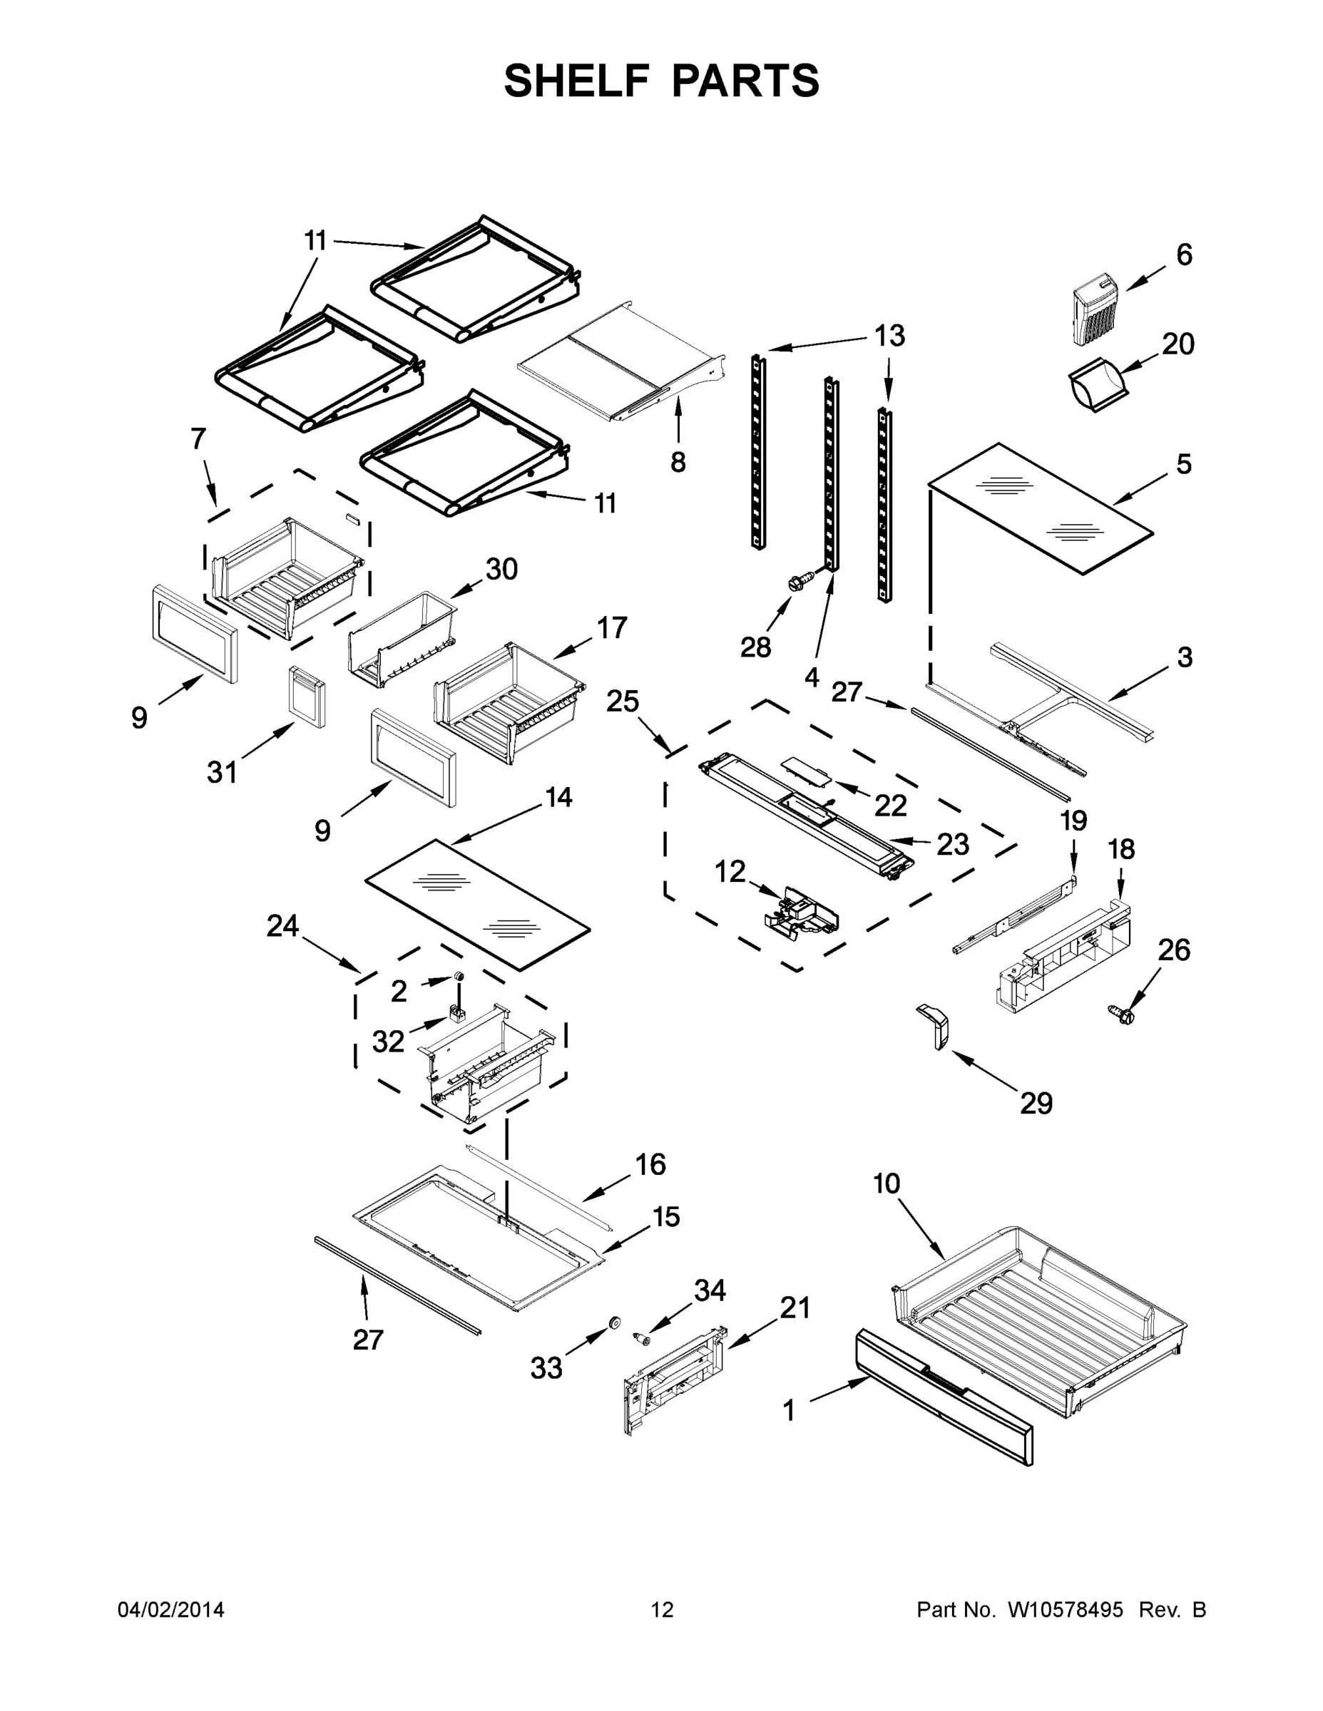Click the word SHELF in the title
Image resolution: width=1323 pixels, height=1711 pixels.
577,81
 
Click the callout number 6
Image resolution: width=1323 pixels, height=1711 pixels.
1184,255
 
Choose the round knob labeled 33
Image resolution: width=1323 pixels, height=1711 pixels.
615,1323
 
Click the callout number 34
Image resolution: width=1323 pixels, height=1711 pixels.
710,1290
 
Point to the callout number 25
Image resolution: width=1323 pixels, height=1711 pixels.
623,702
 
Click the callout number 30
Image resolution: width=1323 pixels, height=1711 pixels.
501,570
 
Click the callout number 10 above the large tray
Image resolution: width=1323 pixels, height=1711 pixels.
887,1183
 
